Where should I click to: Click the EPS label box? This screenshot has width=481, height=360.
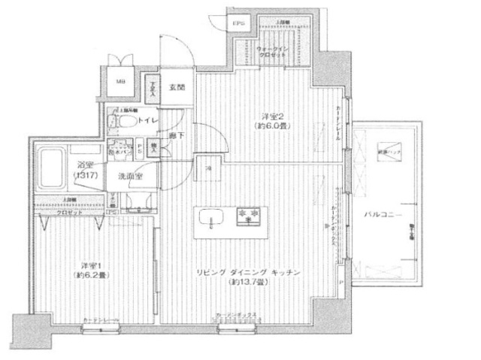pyautogui.click(x=238, y=24)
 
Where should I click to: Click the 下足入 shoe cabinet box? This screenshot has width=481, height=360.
pyautogui.click(x=153, y=90)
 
